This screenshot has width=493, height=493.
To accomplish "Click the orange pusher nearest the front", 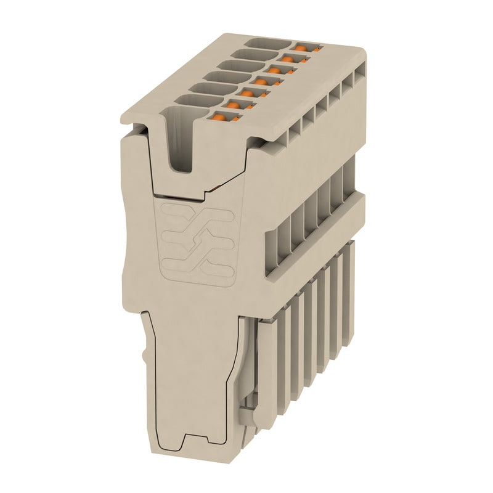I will click(x=219, y=116).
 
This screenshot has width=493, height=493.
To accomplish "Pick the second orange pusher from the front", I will click(x=233, y=105).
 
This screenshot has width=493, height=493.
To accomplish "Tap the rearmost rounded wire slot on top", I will click(x=267, y=43).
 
